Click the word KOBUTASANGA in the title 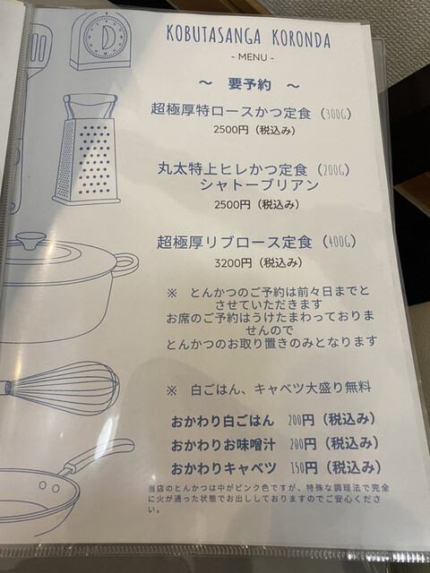click(x=214, y=36)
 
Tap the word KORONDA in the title click(x=301, y=38)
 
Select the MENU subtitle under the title click(x=253, y=57)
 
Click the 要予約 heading click(x=250, y=85)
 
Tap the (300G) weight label click(x=336, y=114)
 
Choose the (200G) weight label click(x=334, y=169)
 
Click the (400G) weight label click(x=339, y=242)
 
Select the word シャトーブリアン click(x=259, y=185)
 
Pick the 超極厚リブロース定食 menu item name click(x=235, y=242)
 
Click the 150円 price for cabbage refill click(x=304, y=467)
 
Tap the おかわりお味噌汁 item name click(x=223, y=445)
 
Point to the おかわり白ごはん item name click(x=222, y=421)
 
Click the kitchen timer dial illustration click(x=105, y=38)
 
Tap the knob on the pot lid click(x=30, y=241)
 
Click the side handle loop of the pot click(x=127, y=263)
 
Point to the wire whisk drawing click(x=62, y=387)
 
